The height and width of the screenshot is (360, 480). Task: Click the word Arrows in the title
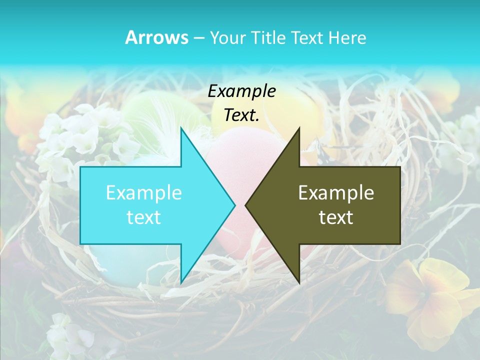click(x=157, y=38)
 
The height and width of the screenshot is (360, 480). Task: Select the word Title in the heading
click(x=267, y=38)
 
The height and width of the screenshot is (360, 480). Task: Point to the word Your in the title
click(x=227, y=38)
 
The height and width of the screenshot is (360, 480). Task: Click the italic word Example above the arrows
click(x=241, y=91)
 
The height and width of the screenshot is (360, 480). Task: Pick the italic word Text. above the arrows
click(x=241, y=115)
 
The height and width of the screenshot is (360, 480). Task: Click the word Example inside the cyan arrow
click(x=143, y=193)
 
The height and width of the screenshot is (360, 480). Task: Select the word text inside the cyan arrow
click(x=143, y=217)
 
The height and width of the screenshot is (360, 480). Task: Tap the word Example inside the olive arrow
click(x=336, y=193)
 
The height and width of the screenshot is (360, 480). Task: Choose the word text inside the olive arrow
click(x=336, y=217)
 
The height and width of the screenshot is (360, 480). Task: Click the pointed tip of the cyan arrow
click(x=234, y=205)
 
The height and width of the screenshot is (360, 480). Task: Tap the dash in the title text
click(x=198, y=38)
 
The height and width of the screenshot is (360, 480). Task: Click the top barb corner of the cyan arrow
click(x=181, y=129)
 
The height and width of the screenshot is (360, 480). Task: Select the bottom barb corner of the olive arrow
click(x=299, y=282)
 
